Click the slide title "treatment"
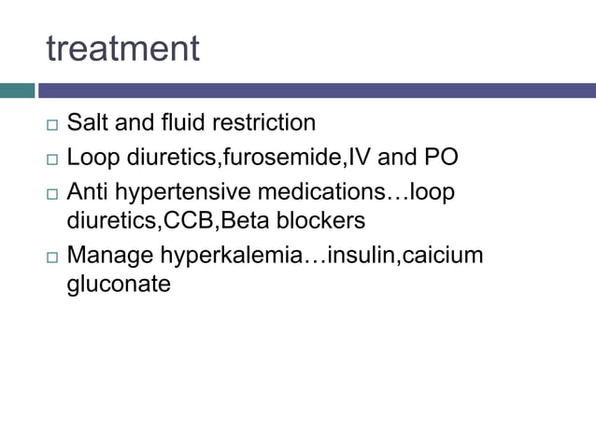tap(122, 49)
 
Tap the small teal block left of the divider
tap(17, 91)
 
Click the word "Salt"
tap(87, 122)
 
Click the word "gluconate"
tap(119, 285)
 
